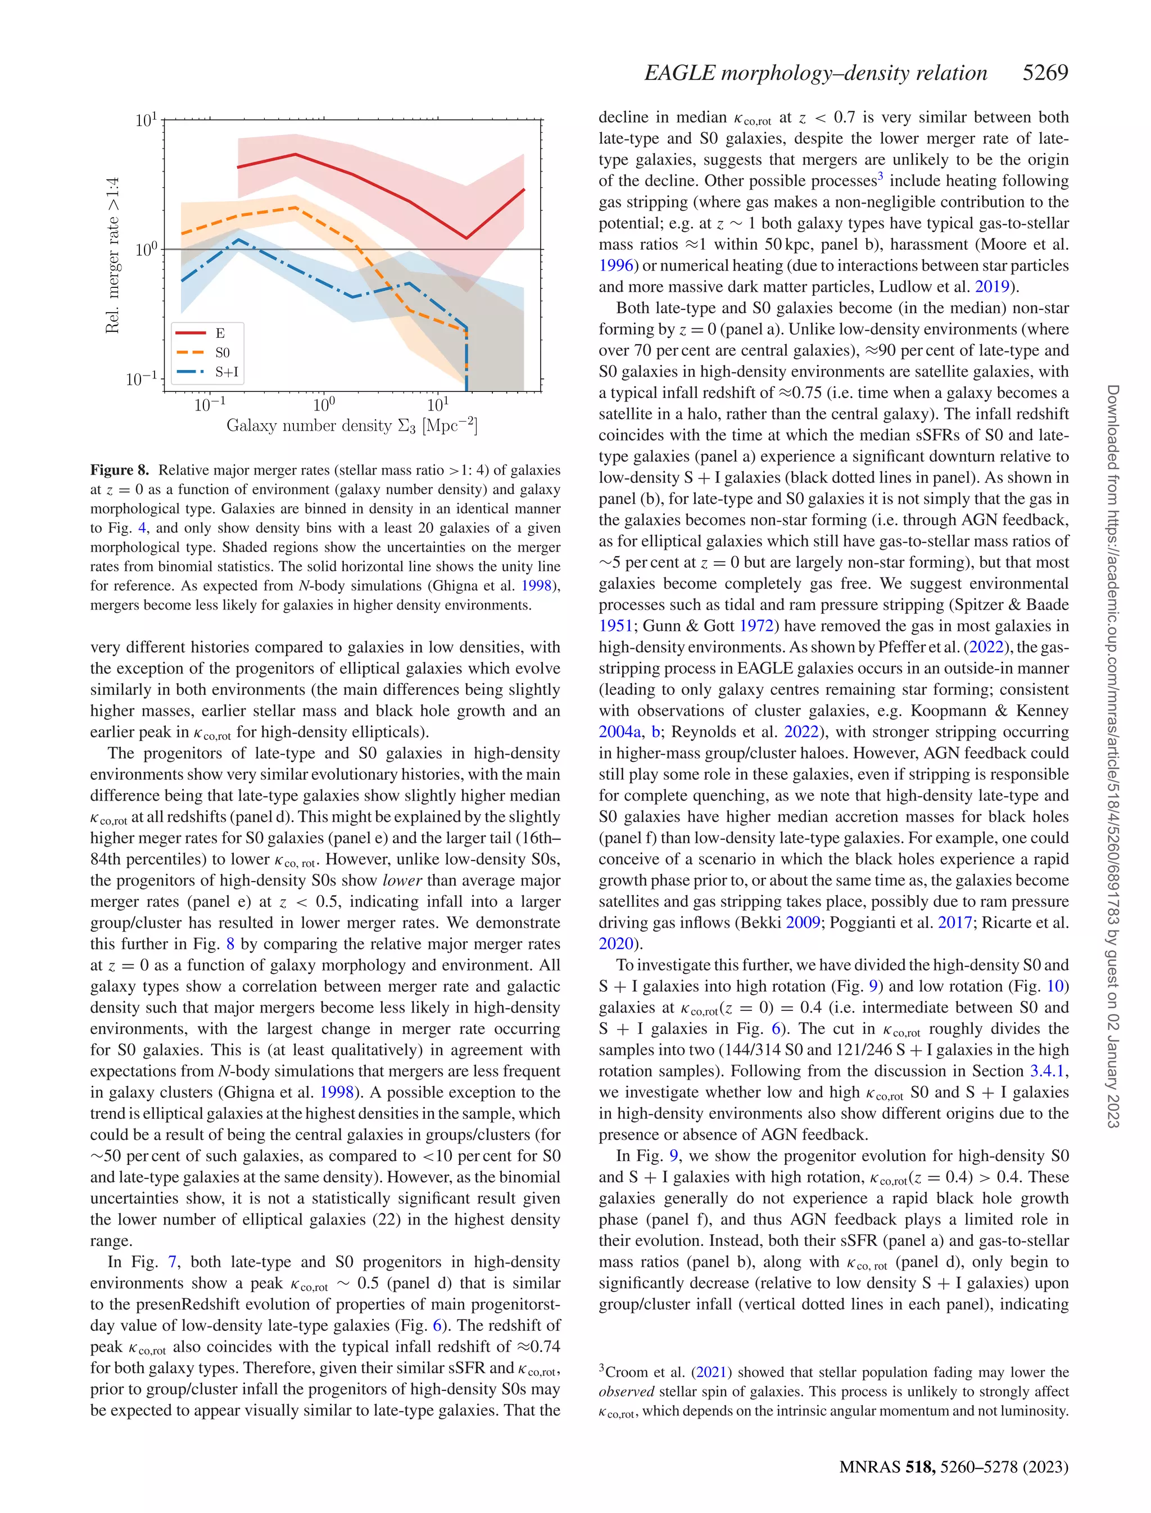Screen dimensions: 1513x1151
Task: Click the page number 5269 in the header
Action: point(1045,73)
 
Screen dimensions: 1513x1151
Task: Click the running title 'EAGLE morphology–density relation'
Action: point(815,73)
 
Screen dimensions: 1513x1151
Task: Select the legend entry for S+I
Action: point(207,372)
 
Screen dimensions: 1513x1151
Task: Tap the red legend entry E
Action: point(207,333)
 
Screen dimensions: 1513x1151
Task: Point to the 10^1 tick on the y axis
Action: point(147,120)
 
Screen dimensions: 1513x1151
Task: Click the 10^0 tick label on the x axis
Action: point(324,405)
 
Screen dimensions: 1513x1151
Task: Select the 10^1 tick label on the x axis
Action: point(438,405)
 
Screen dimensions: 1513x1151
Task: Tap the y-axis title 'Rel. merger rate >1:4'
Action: point(112,255)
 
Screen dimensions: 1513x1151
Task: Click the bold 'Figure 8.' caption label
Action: point(119,470)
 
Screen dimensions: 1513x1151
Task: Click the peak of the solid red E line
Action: point(295,154)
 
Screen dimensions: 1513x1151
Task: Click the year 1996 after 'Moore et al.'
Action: point(616,266)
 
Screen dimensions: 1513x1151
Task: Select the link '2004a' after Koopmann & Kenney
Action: point(620,732)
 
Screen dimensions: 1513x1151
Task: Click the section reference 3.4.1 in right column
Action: point(1048,1071)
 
